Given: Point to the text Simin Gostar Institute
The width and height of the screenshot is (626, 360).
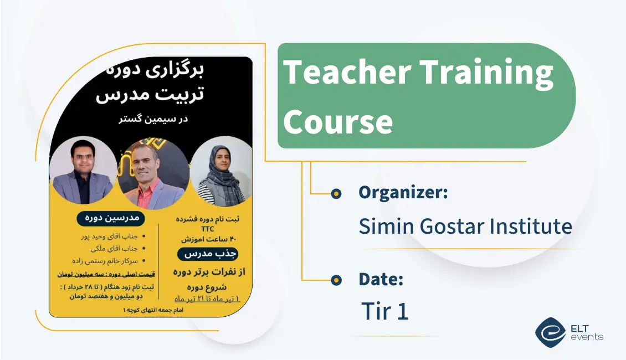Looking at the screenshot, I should click(465, 227).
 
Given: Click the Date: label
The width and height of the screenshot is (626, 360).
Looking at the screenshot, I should click(381, 279).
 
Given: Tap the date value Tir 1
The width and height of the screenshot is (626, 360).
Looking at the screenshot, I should click(384, 311).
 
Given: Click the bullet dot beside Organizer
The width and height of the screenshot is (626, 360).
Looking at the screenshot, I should click(336, 193).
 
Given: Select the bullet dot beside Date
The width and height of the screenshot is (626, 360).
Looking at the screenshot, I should click(336, 281).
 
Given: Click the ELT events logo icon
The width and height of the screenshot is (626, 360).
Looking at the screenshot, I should click(550, 332).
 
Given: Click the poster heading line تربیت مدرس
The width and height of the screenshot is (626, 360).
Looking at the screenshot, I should click(150, 95).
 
